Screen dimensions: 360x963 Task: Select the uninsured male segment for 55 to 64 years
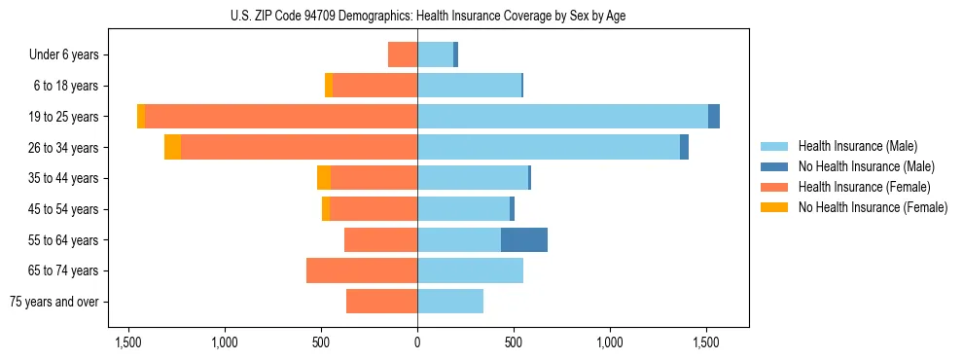(524, 239)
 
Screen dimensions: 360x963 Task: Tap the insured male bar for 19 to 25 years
(562, 117)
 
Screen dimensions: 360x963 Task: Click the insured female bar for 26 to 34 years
(299, 147)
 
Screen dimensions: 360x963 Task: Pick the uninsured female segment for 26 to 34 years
(172, 147)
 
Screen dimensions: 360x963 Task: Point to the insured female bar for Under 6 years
(403, 54)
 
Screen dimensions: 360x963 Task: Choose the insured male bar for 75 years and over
(450, 302)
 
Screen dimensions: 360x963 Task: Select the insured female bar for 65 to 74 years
(362, 270)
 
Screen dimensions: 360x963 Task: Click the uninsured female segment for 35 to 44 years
(324, 178)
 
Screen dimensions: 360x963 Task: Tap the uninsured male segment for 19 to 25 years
(714, 117)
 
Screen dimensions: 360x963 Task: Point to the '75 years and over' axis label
(54, 302)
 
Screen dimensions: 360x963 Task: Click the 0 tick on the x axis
(417, 342)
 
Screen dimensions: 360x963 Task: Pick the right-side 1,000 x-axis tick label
(610, 342)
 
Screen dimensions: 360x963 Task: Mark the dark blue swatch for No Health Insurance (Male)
(774, 166)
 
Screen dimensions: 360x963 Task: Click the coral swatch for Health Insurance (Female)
(774, 187)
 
